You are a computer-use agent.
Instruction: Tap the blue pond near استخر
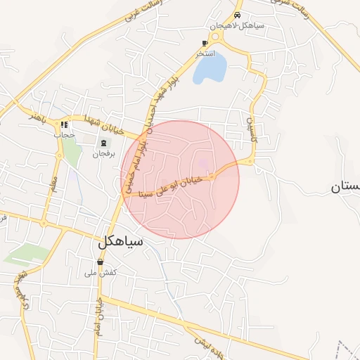[x=210, y=68]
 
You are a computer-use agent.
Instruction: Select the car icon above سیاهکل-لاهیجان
[x=238, y=15]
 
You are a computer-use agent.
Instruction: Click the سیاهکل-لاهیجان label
[x=236, y=25]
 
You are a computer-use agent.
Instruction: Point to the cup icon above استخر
[x=205, y=43]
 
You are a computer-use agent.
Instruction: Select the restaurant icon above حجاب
[x=64, y=125]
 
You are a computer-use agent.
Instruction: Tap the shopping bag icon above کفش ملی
[x=101, y=262]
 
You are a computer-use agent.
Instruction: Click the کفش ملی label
[x=101, y=272]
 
